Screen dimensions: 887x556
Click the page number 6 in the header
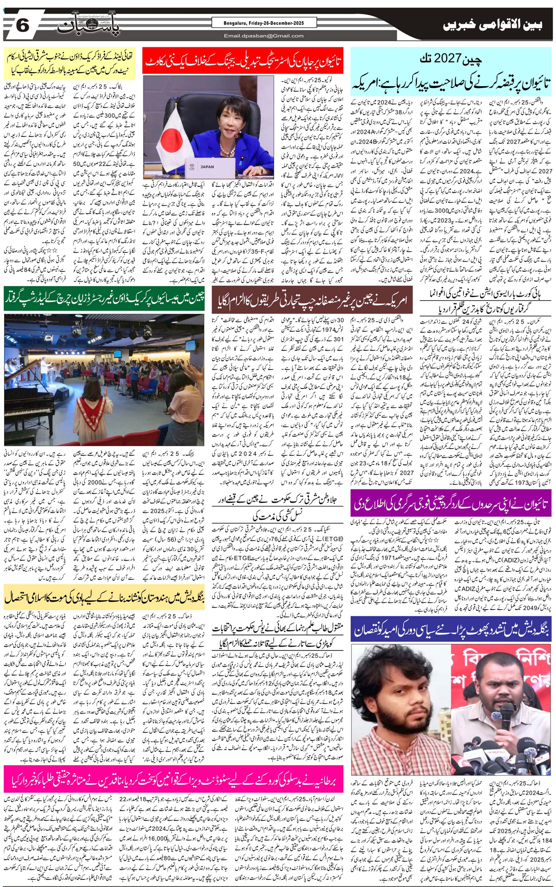click(x=22, y=27)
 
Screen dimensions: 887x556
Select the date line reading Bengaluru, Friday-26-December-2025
click(x=264, y=23)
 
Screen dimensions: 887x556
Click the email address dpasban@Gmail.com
click(x=264, y=36)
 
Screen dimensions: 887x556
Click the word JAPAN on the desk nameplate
click(x=207, y=166)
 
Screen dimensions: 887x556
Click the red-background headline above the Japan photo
click(x=243, y=61)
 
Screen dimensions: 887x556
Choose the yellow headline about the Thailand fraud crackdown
click(x=70, y=62)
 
